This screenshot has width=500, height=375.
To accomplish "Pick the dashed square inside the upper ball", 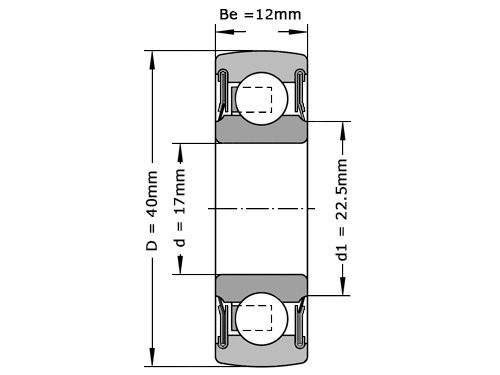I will point(257,101).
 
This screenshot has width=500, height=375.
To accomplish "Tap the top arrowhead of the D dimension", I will point(152,55).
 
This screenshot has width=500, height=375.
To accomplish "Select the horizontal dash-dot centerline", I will point(260,208).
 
